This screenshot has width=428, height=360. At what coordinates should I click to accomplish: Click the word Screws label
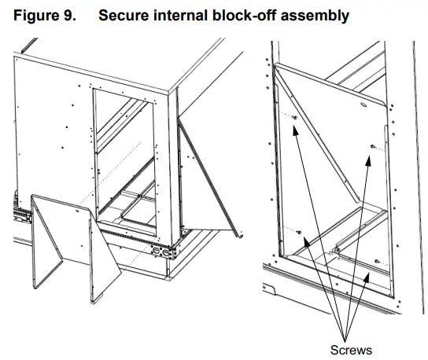(351, 350)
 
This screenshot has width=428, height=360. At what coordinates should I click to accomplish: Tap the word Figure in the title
(36, 15)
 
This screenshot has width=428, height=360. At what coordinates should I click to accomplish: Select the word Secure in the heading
(124, 15)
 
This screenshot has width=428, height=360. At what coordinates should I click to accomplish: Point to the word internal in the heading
(180, 15)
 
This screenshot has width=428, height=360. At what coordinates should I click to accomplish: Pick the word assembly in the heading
(315, 16)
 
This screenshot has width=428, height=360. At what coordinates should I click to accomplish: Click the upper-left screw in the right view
(295, 118)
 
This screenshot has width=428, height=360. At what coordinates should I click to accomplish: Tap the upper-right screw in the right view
(373, 147)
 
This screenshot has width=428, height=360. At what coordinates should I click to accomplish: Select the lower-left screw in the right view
(299, 233)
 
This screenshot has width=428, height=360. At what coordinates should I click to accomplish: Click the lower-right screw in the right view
(377, 261)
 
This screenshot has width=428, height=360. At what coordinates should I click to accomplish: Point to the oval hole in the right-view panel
(363, 105)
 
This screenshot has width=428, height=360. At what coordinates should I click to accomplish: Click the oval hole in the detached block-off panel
(77, 211)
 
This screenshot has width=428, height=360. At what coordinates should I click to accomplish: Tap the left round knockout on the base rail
(157, 251)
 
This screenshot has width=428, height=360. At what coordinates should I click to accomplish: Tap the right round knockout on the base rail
(166, 252)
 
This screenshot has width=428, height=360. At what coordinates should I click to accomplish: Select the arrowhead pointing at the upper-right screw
(368, 160)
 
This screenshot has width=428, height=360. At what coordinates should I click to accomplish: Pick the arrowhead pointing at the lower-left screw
(307, 242)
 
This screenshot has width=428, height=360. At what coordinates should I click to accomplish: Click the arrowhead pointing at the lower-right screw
(367, 277)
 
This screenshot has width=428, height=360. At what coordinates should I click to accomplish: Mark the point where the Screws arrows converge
(345, 341)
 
